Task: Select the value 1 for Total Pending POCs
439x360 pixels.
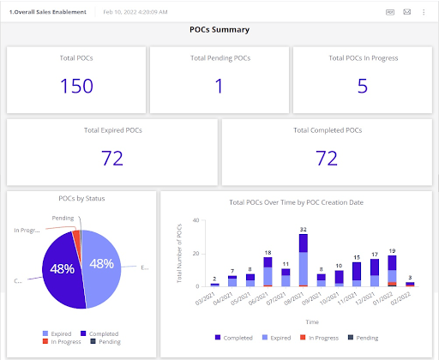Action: click(219, 86)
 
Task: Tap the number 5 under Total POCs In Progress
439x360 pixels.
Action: click(363, 86)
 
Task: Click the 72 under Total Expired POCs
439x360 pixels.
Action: click(111, 158)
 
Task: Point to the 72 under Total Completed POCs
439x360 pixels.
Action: click(326, 158)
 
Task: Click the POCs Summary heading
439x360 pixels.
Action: click(219, 29)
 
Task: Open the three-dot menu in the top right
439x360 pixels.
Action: click(424, 12)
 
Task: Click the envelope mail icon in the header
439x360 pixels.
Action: click(406, 12)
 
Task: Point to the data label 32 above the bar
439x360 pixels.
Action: click(304, 230)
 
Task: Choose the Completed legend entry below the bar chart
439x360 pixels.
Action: click(235, 338)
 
